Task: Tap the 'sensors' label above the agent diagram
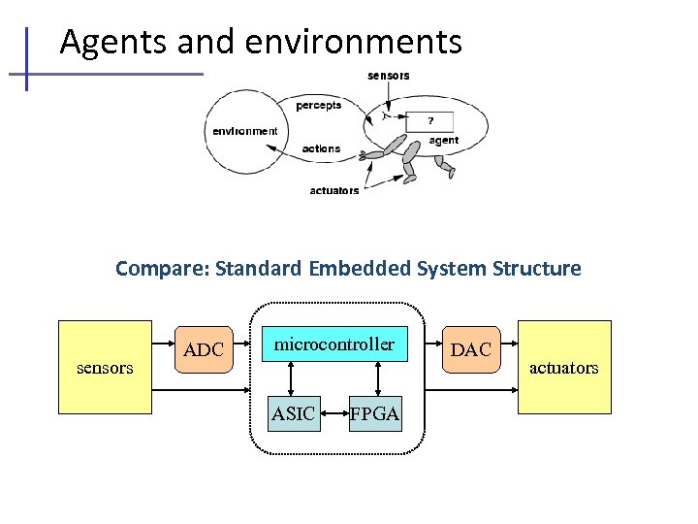coord(388,76)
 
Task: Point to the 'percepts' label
coord(319,105)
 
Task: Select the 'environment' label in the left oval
coord(245,131)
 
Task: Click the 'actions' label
coord(321,148)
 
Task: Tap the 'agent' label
coord(444,141)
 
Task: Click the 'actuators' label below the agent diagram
coord(334,190)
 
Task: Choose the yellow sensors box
coord(106,368)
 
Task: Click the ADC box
coord(204,349)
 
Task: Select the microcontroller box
coord(333,344)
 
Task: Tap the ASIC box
coord(293,414)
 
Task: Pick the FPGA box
coord(375,414)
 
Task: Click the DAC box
coord(471,349)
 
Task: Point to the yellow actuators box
coord(564,368)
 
